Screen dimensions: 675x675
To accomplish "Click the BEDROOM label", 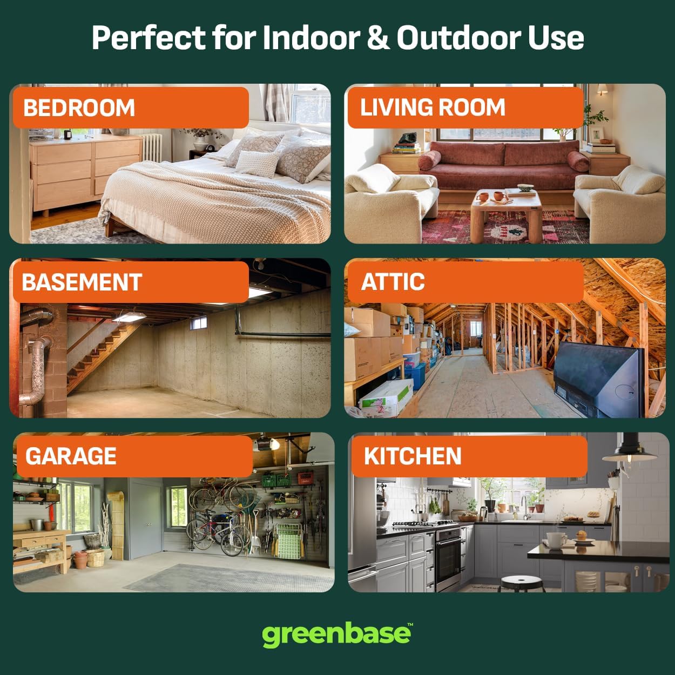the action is click(79, 107).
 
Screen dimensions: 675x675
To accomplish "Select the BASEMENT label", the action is click(82, 282).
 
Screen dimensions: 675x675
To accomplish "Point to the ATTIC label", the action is click(393, 282).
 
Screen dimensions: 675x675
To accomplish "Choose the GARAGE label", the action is click(71, 456).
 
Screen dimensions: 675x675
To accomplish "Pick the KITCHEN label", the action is click(413, 456).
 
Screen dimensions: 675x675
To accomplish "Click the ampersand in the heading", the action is click(378, 37).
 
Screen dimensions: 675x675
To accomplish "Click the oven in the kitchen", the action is click(449, 559).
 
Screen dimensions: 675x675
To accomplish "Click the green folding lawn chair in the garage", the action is click(289, 541).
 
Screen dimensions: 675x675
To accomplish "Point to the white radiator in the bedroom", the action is click(152, 147).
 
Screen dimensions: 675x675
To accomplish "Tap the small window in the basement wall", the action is click(198, 322).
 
